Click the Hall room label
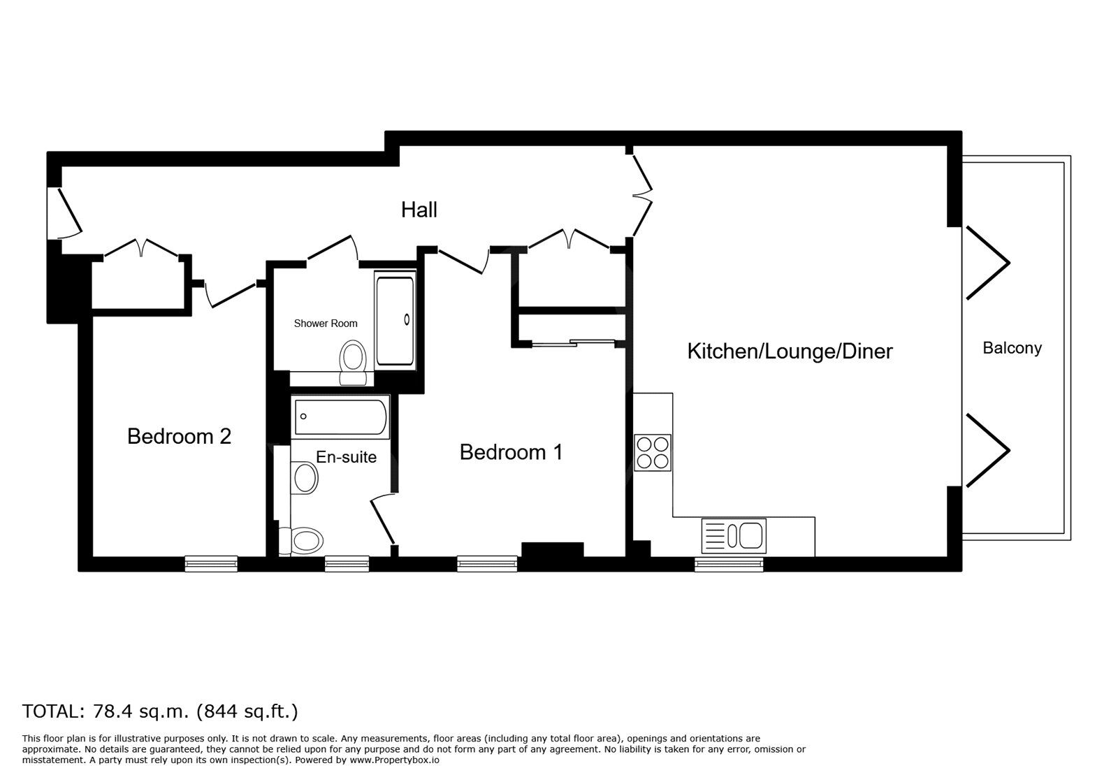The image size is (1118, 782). coord(419,210)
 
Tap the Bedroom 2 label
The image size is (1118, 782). coord(179,436)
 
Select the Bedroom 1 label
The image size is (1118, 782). coord(511,452)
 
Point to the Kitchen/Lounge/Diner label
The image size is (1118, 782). coord(790,352)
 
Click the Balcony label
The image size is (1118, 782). coord(1012,348)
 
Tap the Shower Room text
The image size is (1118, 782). coord(326,324)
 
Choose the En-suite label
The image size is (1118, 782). coord(347,456)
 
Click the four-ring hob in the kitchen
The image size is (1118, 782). coord(653,453)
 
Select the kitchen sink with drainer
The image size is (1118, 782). coord(734,536)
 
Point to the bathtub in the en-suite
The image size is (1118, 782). coord(340,417)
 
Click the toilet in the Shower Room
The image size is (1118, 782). coord(354,363)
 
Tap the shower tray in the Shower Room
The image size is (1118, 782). coord(395,320)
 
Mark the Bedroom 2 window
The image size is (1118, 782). coord(211,563)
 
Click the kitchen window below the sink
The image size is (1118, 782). coord(729,564)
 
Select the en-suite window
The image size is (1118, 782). coord(347,563)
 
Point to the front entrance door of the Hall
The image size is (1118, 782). coord(65,213)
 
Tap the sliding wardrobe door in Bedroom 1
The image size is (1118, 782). coord(573,343)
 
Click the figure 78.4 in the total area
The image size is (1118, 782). coord(112,711)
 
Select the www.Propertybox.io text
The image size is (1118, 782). coord(394,760)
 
